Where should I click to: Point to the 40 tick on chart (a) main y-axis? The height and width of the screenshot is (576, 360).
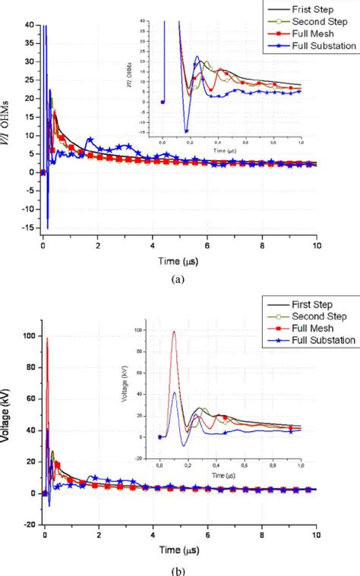(x=31, y=24)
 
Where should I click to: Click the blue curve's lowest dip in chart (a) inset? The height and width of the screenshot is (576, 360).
(x=184, y=131)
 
